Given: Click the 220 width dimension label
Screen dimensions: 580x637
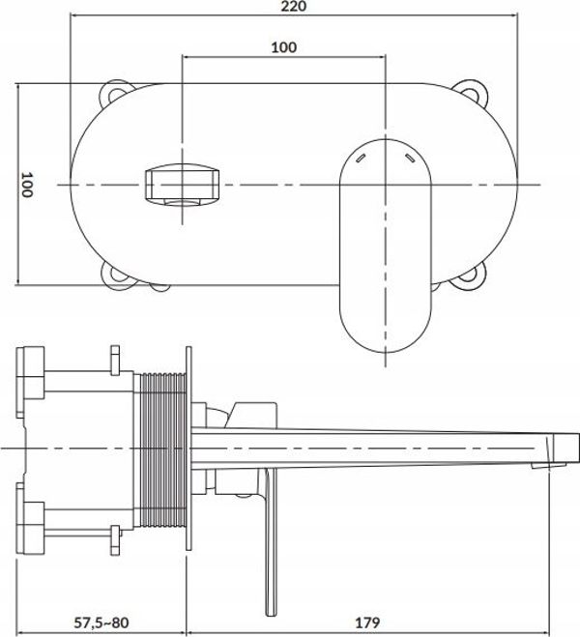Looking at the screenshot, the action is tap(293, 6).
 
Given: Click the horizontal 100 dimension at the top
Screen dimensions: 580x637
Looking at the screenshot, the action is tap(284, 47).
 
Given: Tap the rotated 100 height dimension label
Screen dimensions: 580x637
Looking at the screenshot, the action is tap(27, 185).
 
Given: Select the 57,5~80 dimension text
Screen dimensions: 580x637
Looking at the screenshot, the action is tap(101, 622).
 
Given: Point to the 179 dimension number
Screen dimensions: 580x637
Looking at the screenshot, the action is tap(367, 622).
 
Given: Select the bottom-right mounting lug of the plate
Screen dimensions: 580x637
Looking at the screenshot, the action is tap(471, 277).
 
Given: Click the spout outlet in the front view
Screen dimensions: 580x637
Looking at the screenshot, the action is tap(182, 185).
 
